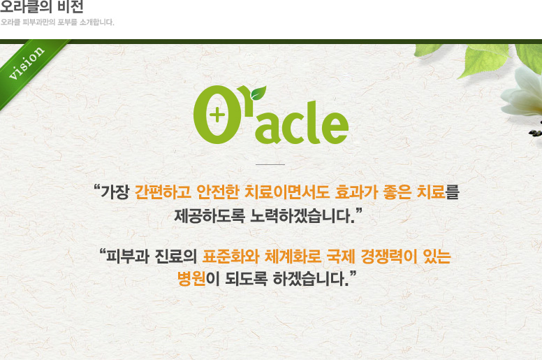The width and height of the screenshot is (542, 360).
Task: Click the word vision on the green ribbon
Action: (x=27, y=63)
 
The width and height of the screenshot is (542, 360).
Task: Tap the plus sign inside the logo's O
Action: (x=217, y=115)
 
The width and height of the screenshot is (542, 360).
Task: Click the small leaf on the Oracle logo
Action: (x=258, y=92)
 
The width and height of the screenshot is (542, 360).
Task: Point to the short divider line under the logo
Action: (x=270, y=164)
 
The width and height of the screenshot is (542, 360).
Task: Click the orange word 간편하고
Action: (x=163, y=192)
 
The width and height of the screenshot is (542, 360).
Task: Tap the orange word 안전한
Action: (x=218, y=192)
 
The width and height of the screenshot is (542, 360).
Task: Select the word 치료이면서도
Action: (x=287, y=192)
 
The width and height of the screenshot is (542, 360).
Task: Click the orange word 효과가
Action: (x=356, y=192)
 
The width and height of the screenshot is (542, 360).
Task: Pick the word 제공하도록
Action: (x=210, y=216)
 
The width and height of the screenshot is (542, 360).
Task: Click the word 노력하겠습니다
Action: (x=303, y=216)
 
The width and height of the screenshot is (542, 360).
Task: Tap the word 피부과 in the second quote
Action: (x=128, y=257)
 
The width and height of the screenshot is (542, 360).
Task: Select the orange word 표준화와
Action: (x=230, y=257)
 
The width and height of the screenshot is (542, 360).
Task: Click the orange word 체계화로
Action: (x=293, y=257)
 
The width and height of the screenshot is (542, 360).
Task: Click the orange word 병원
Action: (x=191, y=278)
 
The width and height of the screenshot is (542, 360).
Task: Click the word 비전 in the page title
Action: (x=71, y=6)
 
